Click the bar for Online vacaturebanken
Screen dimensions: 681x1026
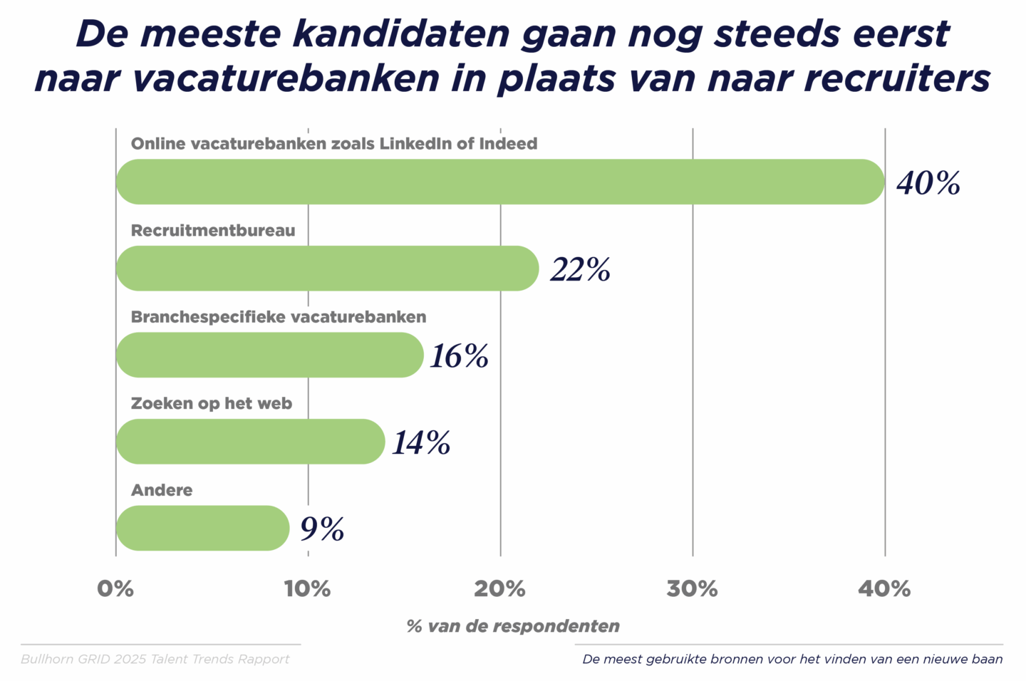tap(499, 182)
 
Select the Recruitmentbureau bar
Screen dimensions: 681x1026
tap(327, 269)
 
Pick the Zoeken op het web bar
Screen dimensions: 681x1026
tap(250, 442)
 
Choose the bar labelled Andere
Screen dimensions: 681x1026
tap(202, 528)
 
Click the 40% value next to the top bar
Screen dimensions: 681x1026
tap(928, 183)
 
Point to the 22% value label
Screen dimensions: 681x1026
tap(580, 270)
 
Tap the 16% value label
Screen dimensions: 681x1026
tap(459, 356)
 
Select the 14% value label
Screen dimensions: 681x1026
tap(421, 443)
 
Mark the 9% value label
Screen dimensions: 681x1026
tap(322, 529)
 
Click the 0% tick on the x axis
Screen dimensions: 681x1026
tap(115, 589)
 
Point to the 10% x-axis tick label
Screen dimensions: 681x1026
tap(307, 589)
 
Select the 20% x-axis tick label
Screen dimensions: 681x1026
tap(499, 589)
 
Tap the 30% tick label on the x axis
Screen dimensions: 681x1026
tap(692, 589)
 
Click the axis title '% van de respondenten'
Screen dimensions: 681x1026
tap(513, 626)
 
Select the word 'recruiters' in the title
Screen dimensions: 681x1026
tap(897, 78)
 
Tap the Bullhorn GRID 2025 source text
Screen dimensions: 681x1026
tap(155, 659)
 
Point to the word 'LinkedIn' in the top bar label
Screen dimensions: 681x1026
tap(415, 143)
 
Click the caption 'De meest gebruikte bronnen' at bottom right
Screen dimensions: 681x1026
tap(792, 659)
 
